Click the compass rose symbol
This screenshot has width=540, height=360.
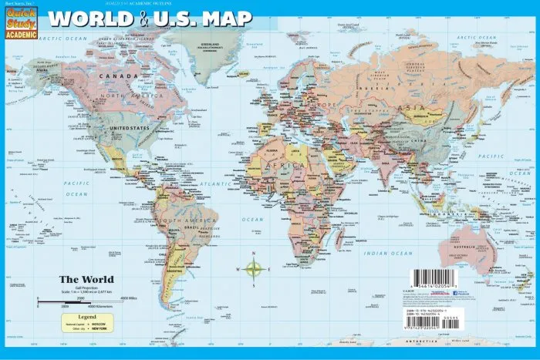[x=254, y=269]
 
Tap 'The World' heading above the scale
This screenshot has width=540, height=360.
[x=87, y=278]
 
